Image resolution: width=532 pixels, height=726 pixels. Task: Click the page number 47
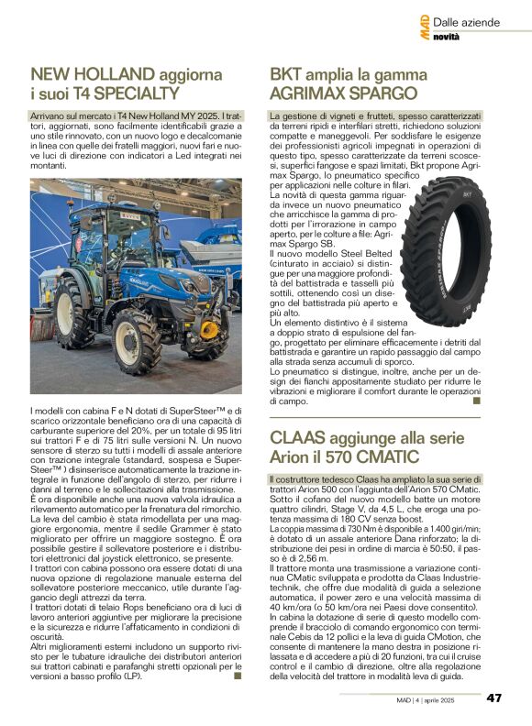pyautogui.click(x=493, y=698)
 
